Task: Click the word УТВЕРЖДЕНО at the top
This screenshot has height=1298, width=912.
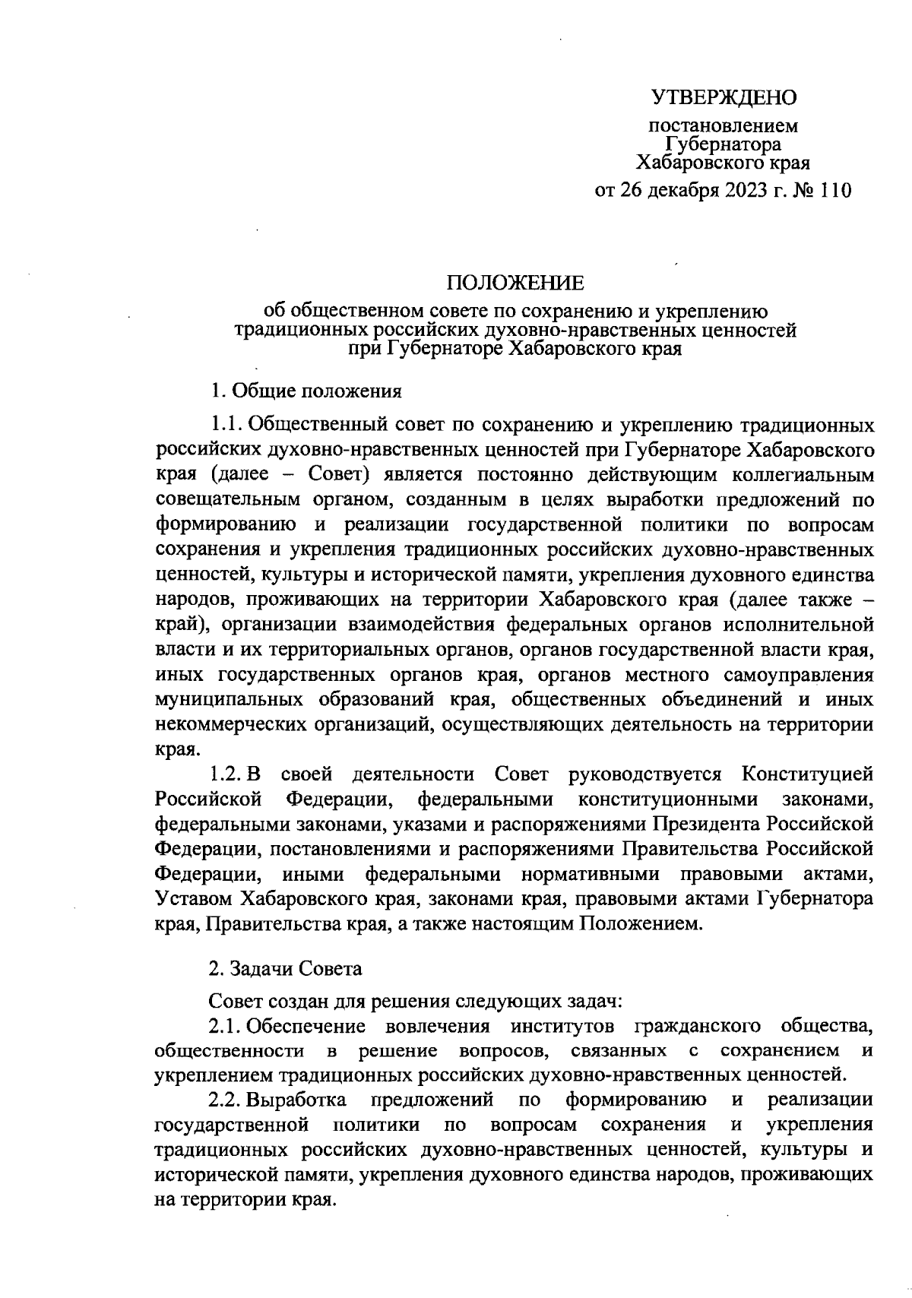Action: pyautogui.click(x=724, y=97)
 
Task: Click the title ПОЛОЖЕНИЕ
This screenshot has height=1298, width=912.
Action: pyautogui.click(x=515, y=283)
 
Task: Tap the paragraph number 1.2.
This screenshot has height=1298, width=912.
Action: pyautogui.click(x=226, y=774)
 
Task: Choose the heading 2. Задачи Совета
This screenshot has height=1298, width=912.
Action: pyautogui.click(x=286, y=969)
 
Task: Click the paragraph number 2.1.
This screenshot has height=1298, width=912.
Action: pyautogui.click(x=226, y=1026)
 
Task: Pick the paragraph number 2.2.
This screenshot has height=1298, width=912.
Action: pyautogui.click(x=226, y=1100)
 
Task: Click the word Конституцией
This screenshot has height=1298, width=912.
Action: pyautogui.click(x=806, y=774)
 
